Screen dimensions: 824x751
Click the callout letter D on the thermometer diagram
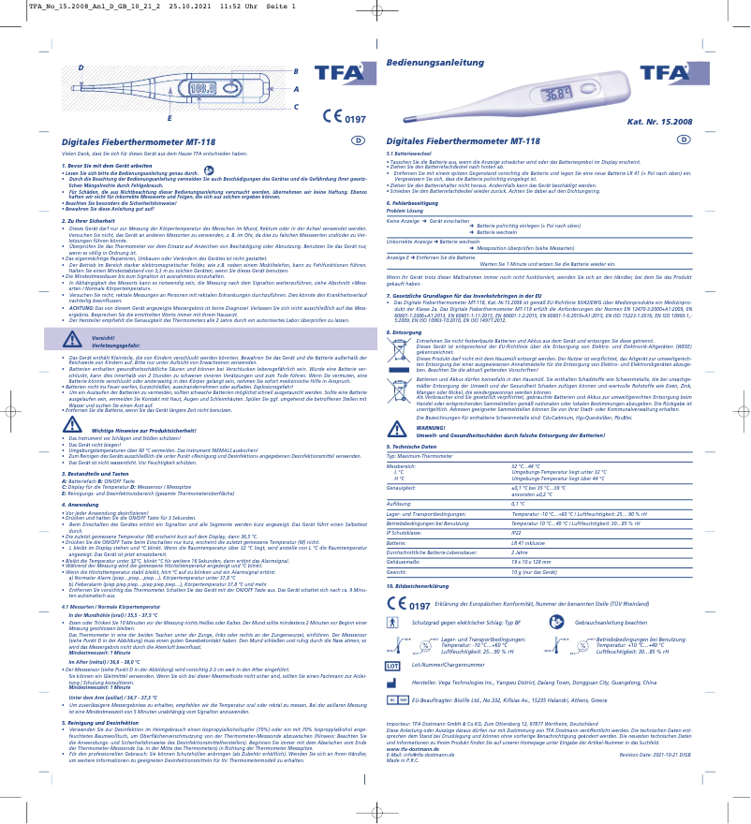[81, 68]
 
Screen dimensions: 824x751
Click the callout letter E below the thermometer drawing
[169, 119]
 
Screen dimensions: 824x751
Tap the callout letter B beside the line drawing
[296, 71]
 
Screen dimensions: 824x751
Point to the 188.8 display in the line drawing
[202, 88]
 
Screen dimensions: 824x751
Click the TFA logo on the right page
[666, 75]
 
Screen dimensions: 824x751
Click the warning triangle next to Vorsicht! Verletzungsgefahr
[51, 340]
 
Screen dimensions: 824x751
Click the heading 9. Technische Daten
[412, 448]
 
